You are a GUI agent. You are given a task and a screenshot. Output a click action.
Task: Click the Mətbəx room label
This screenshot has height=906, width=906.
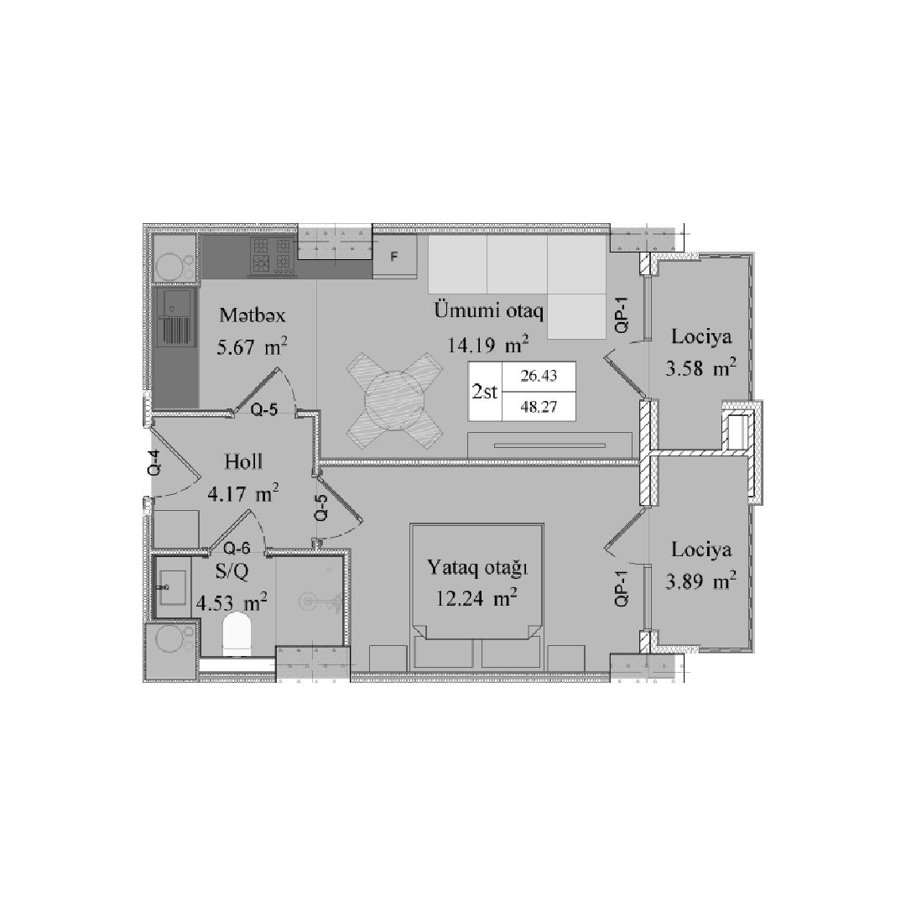pos(252,315)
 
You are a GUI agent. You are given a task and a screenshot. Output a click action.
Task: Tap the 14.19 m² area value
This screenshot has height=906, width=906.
pos(487,345)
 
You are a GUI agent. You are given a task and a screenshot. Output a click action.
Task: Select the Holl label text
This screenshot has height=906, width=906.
pos(243,461)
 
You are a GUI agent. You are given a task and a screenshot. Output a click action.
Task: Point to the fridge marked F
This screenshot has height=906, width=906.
pos(394,256)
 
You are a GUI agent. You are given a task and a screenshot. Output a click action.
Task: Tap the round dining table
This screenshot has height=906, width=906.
pos(394,402)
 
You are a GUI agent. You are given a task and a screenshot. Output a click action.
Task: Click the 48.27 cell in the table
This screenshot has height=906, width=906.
pos(539,406)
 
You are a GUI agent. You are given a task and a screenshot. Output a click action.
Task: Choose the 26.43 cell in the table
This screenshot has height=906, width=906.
pos(539,376)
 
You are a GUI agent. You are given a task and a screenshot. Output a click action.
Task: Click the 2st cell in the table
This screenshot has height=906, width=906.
pos(485,392)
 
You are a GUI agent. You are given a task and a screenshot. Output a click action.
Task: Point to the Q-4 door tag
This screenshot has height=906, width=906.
pos(154,463)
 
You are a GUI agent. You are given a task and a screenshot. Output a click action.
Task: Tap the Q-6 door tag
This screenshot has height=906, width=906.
pos(237,547)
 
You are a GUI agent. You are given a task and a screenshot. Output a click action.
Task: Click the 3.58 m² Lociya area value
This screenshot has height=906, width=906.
pos(700,368)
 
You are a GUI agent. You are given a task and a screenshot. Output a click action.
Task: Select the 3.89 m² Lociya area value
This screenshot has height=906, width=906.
pos(700,581)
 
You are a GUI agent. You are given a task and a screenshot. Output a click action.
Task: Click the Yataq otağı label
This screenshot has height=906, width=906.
pos(477,568)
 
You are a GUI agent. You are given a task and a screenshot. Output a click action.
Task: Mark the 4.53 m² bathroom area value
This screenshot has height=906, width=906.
pos(232,603)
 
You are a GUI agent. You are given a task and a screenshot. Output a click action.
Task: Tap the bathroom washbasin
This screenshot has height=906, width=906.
pos(171,587)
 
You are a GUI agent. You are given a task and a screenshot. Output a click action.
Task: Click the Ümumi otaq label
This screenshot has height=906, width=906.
pos(488,311)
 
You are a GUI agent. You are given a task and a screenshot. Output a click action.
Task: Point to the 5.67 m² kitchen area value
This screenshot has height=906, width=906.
pos(252,346)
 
